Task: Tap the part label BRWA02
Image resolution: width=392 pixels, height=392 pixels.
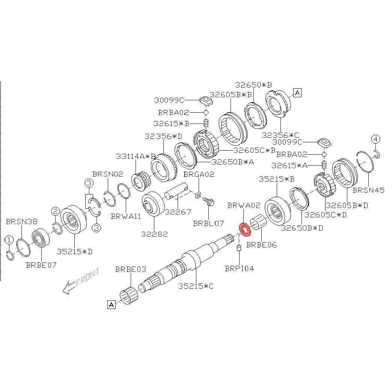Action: [244, 205]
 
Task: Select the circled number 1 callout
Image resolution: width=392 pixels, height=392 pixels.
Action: [9, 240]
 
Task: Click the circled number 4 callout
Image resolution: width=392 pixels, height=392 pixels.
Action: [376, 139]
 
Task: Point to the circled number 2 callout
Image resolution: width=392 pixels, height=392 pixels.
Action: [55, 211]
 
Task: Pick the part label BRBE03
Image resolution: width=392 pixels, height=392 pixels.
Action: [131, 269]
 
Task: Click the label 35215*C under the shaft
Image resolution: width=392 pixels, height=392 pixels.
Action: [196, 286]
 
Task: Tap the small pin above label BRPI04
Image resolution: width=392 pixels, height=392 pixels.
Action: [239, 248]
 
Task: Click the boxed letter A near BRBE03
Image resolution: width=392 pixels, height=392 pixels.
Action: [112, 305]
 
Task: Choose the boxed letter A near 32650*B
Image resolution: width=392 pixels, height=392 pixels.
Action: [297, 93]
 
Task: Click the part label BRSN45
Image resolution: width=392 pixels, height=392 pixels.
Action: [368, 190]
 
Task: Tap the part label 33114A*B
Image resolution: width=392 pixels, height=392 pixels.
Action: [136, 157]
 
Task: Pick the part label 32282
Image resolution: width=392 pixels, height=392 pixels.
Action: [154, 234]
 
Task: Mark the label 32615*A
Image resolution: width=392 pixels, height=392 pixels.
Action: [289, 166]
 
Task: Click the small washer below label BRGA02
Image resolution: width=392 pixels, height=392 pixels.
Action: [198, 195]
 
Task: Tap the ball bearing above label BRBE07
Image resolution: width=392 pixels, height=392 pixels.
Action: [41, 237]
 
